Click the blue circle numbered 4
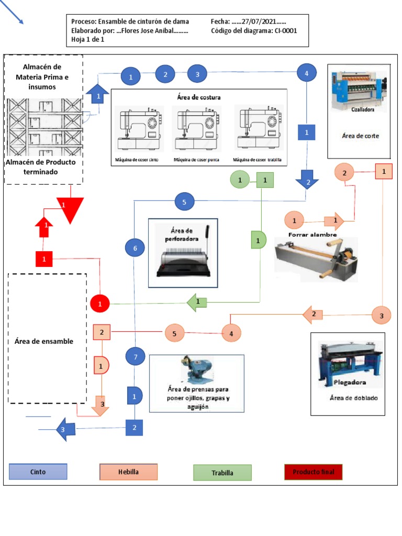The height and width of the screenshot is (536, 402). (x=306, y=73)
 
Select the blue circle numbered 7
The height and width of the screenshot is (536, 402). (x=135, y=357)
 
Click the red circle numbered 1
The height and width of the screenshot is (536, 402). (x=100, y=303)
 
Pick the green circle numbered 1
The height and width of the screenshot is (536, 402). (x=240, y=180)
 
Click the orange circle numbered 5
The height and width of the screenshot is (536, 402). (x=175, y=333)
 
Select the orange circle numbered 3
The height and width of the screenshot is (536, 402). (x=382, y=315)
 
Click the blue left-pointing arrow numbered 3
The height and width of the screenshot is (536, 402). (x=65, y=429)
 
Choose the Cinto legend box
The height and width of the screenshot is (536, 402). (x=38, y=472)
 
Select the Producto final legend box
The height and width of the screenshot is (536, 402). (x=313, y=472)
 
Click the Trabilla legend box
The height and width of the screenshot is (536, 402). (x=222, y=473)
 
